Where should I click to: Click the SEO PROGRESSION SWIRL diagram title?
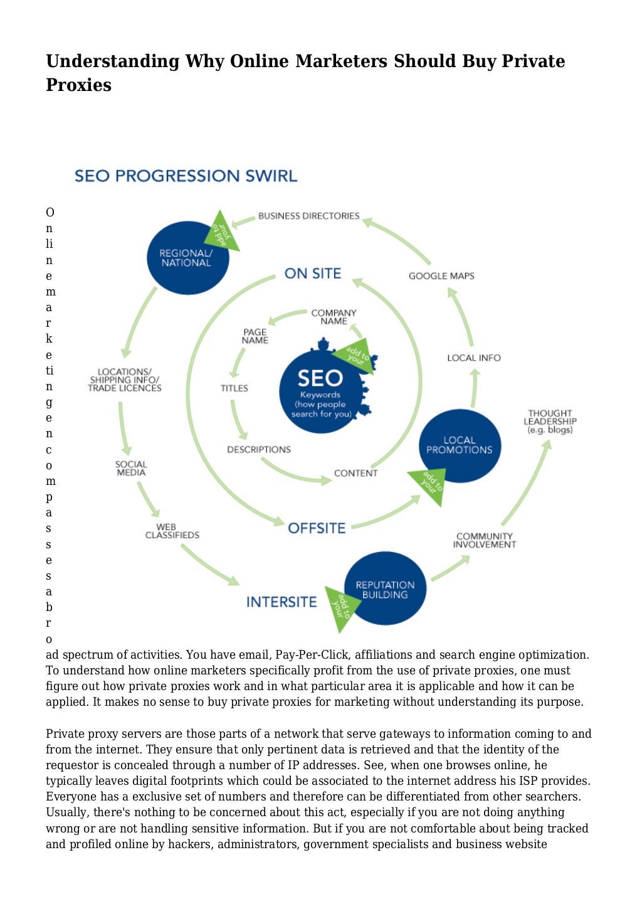(186, 176)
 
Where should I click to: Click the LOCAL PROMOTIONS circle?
(460, 445)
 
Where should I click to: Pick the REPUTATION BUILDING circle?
(385, 589)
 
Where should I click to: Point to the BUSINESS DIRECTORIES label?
(308, 216)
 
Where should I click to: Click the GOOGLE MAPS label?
(441, 276)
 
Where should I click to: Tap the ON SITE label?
(312, 274)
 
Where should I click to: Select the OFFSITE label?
(317, 528)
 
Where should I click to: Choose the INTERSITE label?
(282, 602)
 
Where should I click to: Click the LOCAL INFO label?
(474, 358)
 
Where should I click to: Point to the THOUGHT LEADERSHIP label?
(550, 422)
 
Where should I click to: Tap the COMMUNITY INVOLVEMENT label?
(485, 540)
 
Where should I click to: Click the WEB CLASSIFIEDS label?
(172, 531)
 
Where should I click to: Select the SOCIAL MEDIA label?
(131, 469)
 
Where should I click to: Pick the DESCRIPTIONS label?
(259, 450)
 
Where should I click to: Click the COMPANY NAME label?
(334, 317)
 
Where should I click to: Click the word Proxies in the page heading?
(78, 85)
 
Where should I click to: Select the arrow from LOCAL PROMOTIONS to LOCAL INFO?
(474, 389)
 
